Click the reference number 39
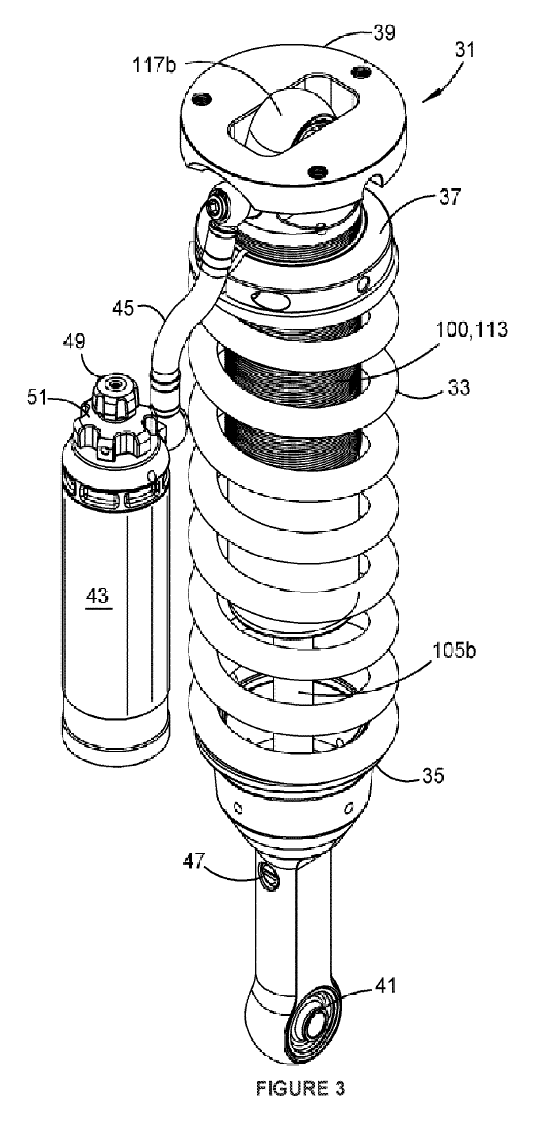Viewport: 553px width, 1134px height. coord(384,34)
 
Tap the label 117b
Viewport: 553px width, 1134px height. coord(154,65)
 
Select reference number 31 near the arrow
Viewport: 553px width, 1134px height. coord(464,51)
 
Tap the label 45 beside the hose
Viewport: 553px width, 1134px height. coord(123,308)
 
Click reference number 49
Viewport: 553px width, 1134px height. coord(74,342)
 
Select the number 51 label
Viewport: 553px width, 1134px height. coord(37,398)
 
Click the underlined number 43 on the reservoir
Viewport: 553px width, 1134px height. coord(97,596)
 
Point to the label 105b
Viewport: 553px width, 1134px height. coord(454,650)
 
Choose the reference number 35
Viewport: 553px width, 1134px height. coord(433,774)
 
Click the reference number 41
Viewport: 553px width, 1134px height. coord(384,986)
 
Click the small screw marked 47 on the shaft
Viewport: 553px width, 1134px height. coord(267,876)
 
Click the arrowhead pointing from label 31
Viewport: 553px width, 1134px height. coord(426,97)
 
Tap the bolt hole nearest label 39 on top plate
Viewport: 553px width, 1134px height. coord(360,71)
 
